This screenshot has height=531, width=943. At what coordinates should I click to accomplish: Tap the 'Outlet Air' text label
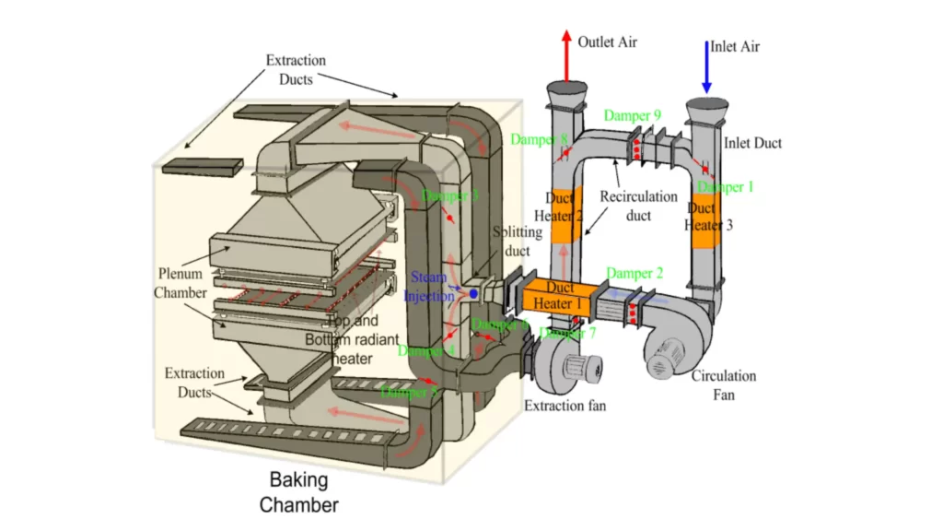[x=607, y=42]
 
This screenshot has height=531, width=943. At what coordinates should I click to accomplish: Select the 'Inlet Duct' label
[x=752, y=143]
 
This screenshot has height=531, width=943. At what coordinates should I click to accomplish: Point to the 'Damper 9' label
[x=633, y=115]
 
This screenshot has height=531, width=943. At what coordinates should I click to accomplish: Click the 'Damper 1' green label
[x=726, y=187]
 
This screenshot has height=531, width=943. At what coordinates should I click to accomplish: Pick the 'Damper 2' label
[x=634, y=274]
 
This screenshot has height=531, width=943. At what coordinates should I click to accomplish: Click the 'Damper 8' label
[x=540, y=140]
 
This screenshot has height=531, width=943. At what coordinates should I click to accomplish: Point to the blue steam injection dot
[x=473, y=294]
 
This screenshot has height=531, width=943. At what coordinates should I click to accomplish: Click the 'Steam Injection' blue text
[x=429, y=286]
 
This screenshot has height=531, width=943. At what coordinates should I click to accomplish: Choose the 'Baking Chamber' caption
[x=298, y=492]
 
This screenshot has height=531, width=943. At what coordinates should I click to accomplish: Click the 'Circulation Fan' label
[x=724, y=385]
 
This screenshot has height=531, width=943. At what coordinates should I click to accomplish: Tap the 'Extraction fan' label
[x=565, y=406]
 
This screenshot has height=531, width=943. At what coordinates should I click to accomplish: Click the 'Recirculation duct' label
[x=638, y=206]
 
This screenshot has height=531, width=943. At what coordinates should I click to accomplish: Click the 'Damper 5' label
[x=409, y=392]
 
